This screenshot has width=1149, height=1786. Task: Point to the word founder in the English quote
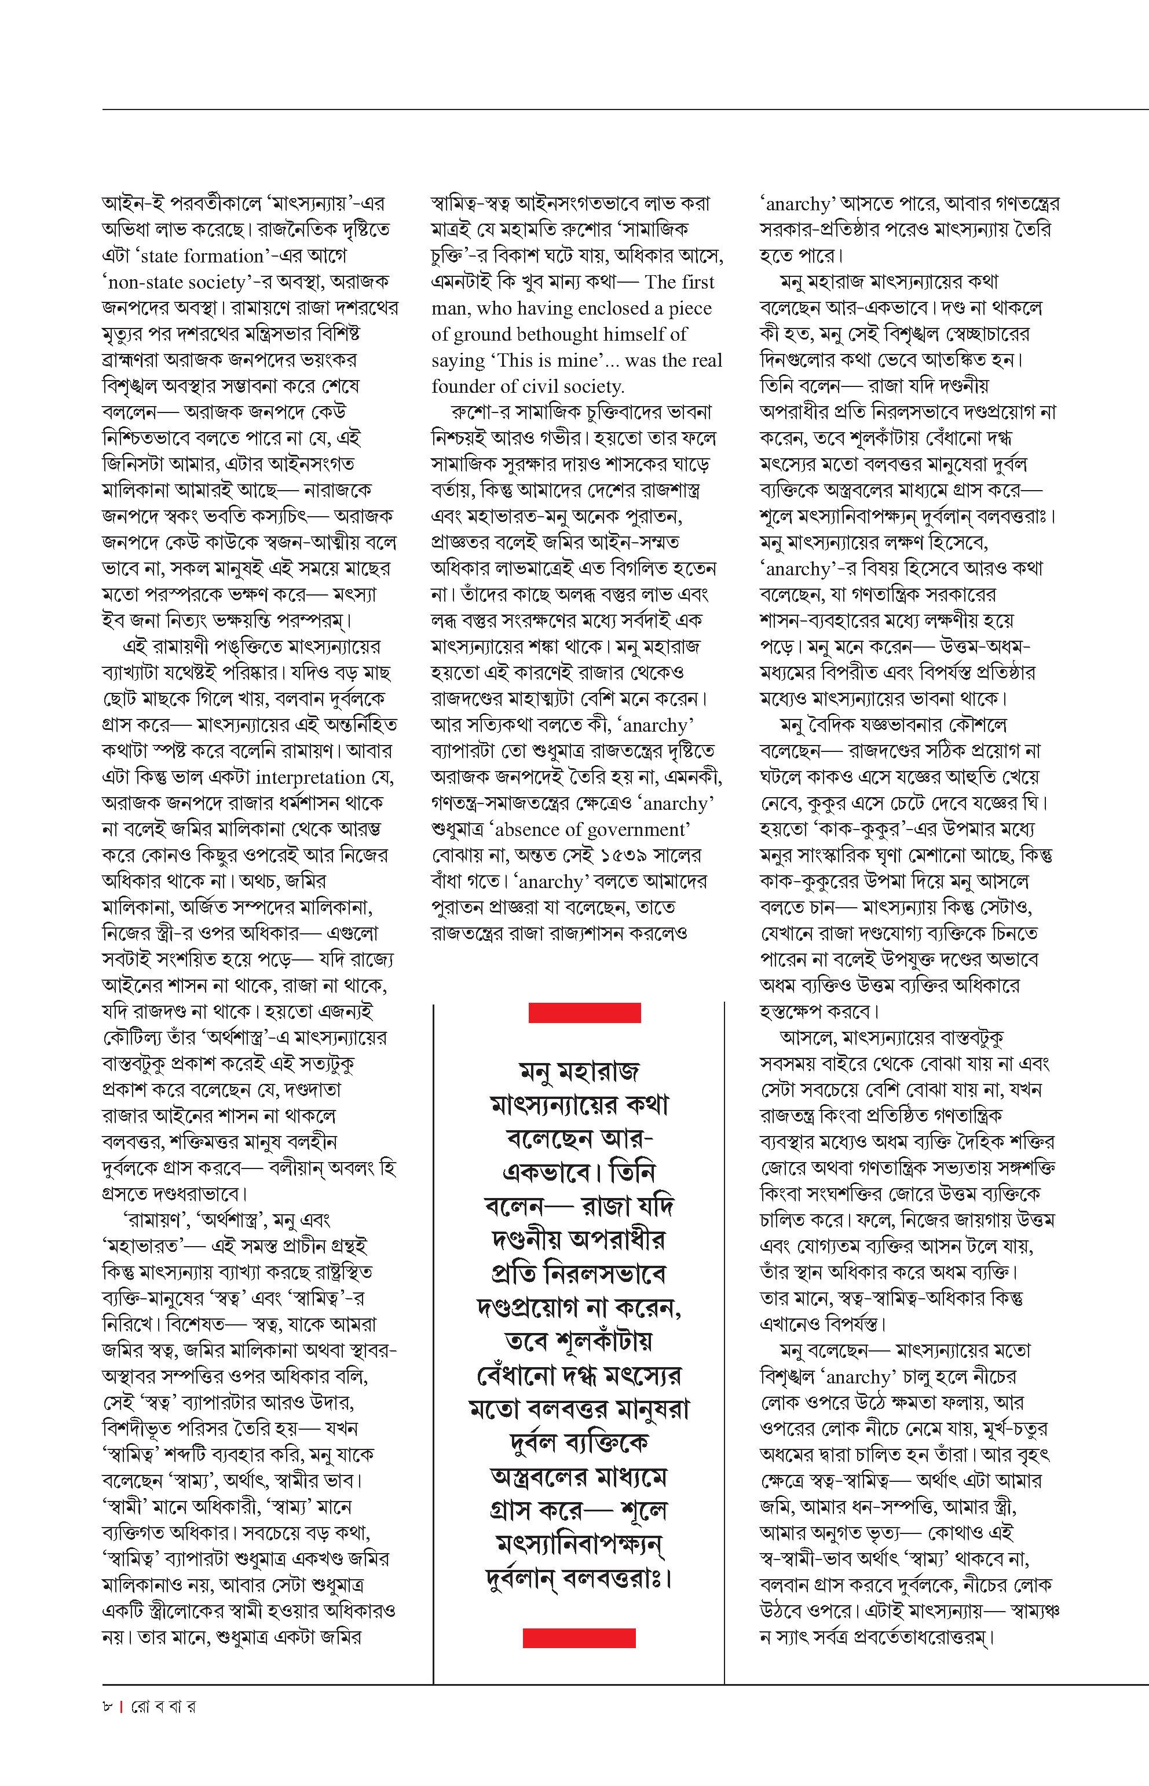point(467,386)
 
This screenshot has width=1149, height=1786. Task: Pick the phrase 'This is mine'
point(548,360)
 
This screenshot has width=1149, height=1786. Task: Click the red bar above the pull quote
point(584,1013)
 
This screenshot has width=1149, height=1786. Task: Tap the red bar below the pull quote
point(579,1638)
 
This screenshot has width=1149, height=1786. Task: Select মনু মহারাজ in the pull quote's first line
point(579,1072)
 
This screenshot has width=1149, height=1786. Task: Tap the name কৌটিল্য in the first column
point(131,1038)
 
